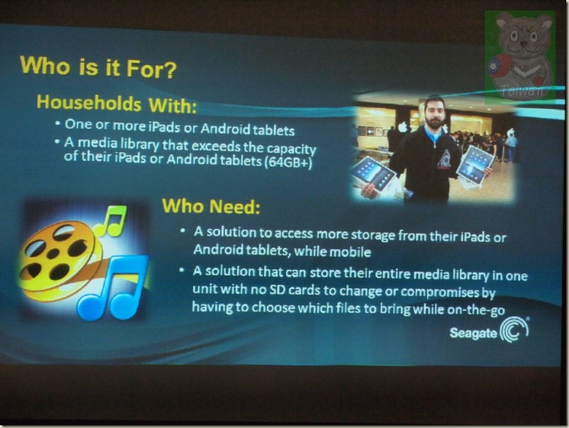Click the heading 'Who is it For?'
tap(98, 67)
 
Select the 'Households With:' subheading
tap(117, 103)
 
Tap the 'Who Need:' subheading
tap(211, 206)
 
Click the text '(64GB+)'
tap(289, 162)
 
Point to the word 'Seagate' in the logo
tap(473, 332)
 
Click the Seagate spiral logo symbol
tap(514, 330)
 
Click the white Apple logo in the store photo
tap(403, 127)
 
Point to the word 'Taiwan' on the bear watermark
tap(522, 90)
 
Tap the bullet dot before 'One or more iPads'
tap(58, 123)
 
